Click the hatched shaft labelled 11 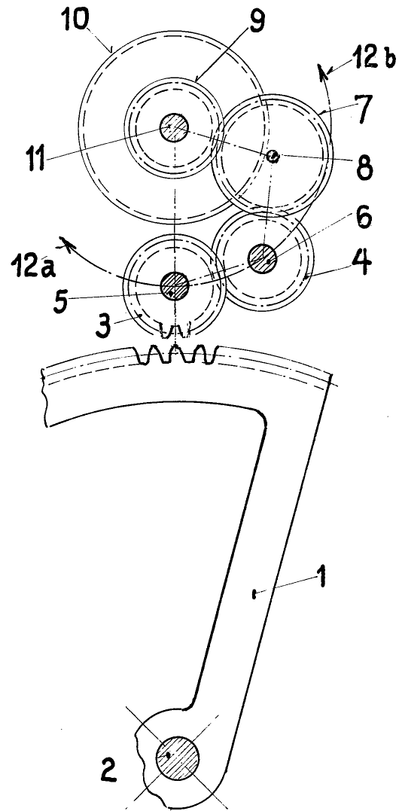(175, 127)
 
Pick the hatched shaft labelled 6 (263, 258)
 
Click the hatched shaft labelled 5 (175, 285)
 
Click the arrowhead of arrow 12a (65, 242)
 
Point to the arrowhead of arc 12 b (323, 69)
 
